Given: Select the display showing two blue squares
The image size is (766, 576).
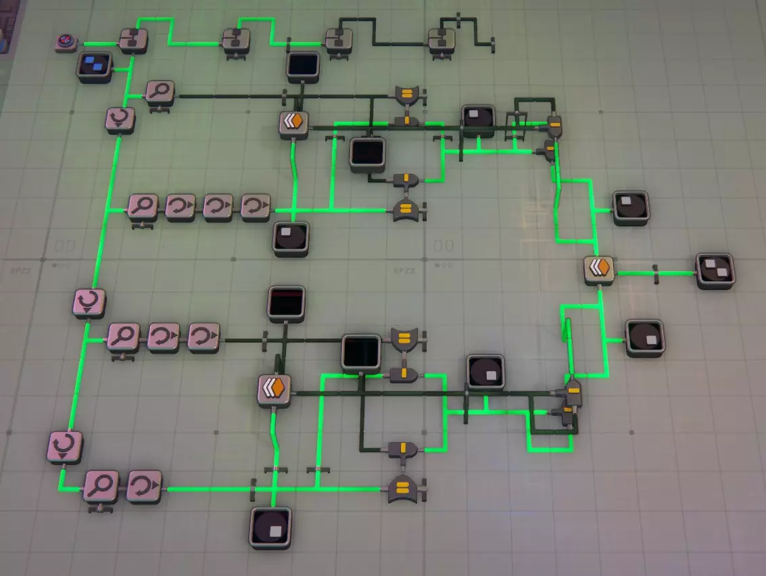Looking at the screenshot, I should [94, 66].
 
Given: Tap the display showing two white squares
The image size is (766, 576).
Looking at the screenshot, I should [715, 270].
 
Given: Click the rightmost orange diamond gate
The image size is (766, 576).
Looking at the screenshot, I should [599, 269].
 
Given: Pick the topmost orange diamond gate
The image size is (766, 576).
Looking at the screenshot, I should [294, 124].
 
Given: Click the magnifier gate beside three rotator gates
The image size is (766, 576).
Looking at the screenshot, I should [143, 208].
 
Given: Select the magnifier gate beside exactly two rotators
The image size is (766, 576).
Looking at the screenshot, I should [124, 336].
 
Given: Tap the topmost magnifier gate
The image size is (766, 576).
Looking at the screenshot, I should [160, 93].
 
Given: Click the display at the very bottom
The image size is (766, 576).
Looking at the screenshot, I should [272, 526].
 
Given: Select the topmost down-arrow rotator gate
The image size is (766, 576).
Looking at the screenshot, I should [120, 120].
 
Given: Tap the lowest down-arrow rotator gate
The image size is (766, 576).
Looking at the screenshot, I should [66, 447].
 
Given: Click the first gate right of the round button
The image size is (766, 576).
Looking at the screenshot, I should [133, 40].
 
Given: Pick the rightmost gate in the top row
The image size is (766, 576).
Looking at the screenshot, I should [441, 41].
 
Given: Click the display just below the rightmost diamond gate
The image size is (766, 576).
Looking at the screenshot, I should [645, 337].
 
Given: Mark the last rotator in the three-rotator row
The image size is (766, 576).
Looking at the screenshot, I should [256, 208].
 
